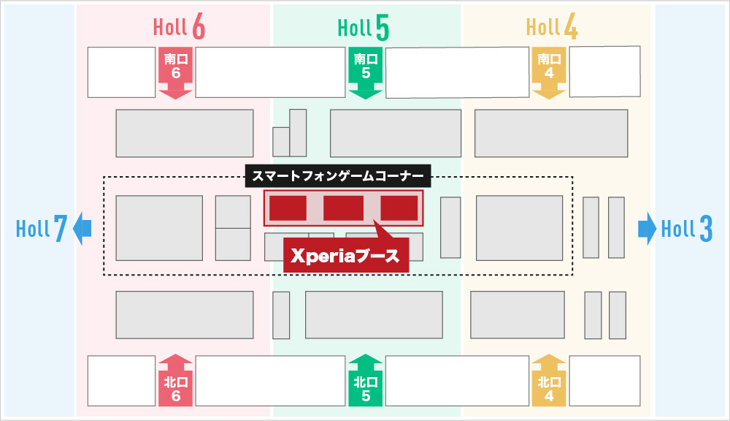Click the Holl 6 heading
point(179,28)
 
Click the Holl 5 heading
point(363,28)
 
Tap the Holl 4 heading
point(552,28)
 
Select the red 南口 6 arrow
point(175,71)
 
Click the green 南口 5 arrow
point(366,71)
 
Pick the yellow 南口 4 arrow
point(549,71)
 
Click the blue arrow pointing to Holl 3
point(647,228)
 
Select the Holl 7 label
point(42,230)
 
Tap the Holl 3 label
point(686,230)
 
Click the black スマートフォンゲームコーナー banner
point(337,175)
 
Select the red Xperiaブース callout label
point(346,257)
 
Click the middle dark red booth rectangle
point(343,208)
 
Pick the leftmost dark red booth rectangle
point(288,208)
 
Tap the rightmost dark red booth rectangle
point(399,208)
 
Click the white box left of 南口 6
point(121,72)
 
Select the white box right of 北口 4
point(604,380)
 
